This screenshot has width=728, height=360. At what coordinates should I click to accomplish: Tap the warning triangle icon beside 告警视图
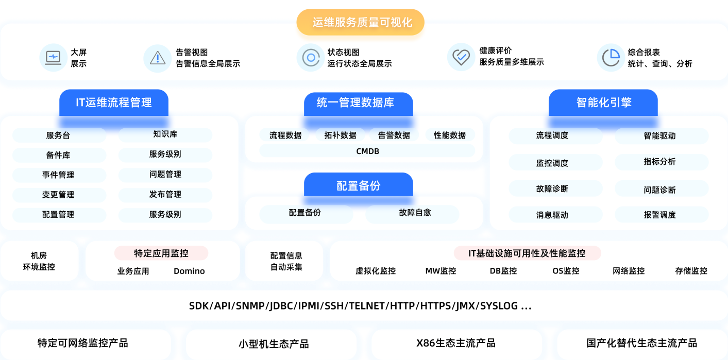point(158,58)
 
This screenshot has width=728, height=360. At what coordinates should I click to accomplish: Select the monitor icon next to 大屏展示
point(53,57)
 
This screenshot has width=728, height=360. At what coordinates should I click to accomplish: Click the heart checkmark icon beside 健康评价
point(461,57)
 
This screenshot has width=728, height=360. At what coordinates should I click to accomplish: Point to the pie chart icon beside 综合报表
point(611,57)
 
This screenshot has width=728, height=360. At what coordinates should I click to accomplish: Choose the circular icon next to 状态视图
point(310,57)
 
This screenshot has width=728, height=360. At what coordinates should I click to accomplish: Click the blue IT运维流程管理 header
point(114,102)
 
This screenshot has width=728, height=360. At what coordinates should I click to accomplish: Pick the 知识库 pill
point(165,134)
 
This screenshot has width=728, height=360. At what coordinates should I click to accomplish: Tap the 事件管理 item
point(59,175)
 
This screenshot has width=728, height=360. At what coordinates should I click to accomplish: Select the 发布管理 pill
point(165,195)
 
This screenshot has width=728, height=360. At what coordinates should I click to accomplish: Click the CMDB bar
point(367,151)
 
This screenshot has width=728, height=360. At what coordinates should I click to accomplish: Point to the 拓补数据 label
point(341,135)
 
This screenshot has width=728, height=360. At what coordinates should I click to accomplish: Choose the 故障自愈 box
point(412,213)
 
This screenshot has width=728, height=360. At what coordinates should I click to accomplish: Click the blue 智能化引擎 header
point(603,102)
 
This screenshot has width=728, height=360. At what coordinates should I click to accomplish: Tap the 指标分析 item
point(662,162)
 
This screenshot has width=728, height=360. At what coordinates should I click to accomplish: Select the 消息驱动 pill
point(555,215)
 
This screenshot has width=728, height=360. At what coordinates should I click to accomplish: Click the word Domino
point(189,271)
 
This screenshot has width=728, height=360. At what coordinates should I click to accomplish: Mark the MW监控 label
point(441,271)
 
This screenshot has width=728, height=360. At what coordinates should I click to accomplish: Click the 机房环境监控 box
point(39,261)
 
